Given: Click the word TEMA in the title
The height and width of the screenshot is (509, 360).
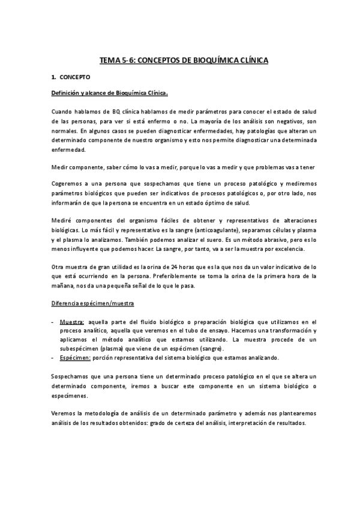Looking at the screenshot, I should tap(109, 61).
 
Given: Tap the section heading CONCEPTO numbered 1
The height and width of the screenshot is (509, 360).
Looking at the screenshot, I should tap(75, 77).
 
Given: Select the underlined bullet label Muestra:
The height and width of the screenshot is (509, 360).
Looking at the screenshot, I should tap(73, 322).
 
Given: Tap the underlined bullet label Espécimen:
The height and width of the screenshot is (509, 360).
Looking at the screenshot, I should tap(74, 358).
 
